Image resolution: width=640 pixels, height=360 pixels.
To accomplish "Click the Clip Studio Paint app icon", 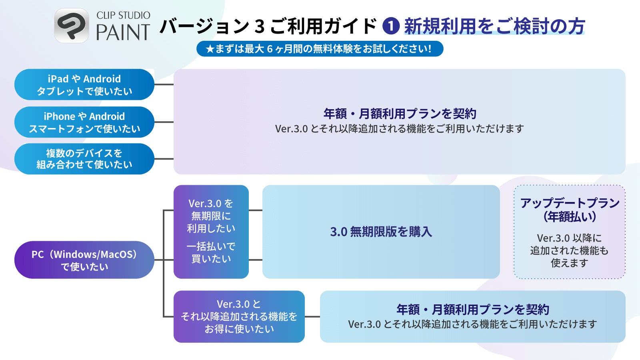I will [x=72, y=26].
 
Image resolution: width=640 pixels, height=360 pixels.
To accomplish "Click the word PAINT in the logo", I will [x=123, y=33].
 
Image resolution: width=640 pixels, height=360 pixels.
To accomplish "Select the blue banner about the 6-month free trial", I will [x=320, y=49].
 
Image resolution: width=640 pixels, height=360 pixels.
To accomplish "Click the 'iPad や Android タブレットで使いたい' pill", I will [x=84, y=85].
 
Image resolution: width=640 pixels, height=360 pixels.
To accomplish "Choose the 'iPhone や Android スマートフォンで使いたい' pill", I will [x=84, y=122].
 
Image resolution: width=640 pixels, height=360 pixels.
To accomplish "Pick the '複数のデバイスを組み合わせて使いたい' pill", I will [x=84, y=159].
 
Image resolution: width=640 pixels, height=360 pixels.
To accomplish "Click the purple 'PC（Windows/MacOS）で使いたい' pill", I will [x=84, y=260].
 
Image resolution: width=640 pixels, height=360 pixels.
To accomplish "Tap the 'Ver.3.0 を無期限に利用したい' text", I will [x=211, y=216].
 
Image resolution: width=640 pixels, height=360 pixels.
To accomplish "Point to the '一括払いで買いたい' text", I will [x=211, y=252].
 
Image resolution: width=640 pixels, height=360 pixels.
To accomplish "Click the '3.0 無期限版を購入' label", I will [x=381, y=232].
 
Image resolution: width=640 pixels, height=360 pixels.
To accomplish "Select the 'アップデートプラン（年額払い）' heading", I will [x=570, y=210].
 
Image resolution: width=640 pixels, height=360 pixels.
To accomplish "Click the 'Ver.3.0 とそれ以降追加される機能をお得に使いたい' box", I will [x=239, y=316].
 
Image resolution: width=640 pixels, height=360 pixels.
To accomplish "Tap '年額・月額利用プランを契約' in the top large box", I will [x=400, y=114].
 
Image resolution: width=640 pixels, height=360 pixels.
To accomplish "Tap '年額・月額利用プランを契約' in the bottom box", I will [x=472, y=310].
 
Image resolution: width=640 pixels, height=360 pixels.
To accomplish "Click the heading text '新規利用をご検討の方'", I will [x=494, y=26].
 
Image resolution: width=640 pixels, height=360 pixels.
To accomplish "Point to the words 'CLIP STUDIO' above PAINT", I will [x=123, y=16].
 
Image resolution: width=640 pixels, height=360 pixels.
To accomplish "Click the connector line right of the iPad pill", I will [x=164, y=85].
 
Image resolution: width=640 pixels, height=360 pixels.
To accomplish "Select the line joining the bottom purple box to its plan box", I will [x=312, y=316].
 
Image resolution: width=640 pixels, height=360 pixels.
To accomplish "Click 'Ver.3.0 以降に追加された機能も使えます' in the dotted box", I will [x=570, y=250].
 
